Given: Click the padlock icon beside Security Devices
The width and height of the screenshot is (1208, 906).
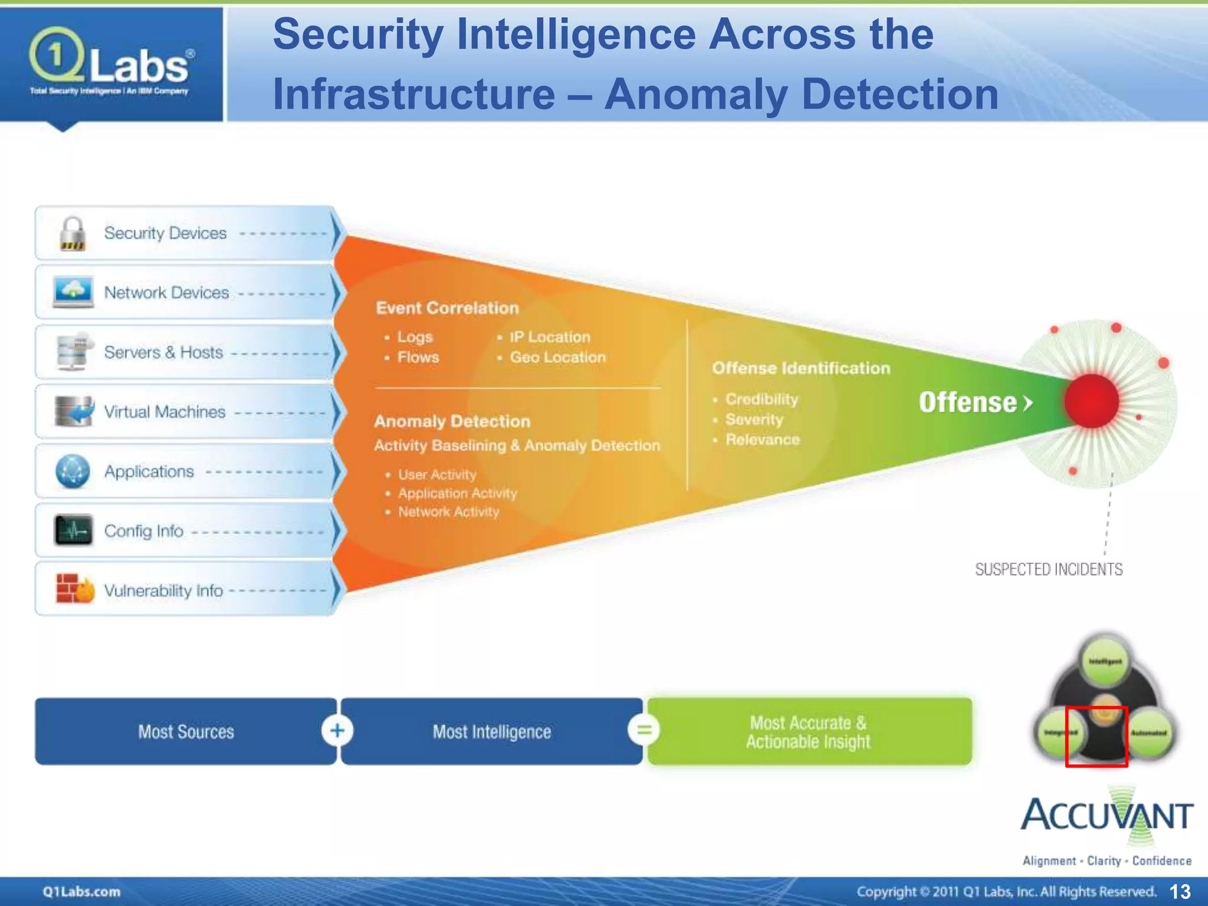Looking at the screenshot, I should pyautogui.click(x=73, y=234).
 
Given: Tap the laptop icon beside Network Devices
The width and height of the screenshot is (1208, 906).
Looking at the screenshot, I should pyautogui.click(x=73, y=292).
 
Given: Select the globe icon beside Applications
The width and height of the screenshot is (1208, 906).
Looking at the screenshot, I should pyautogui.click(x=73, y=471).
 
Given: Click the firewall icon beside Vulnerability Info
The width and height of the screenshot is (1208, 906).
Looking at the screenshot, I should pyautogui.click(x=74, y=589).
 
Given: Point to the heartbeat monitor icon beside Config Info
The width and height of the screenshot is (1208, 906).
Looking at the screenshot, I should pyautogui.click(x=74, y=530).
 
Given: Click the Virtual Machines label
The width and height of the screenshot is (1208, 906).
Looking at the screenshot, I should pyautogui.click(x=165, y=412).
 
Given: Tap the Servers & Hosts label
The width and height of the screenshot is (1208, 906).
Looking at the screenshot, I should pyautogui.click(x=163, y=352).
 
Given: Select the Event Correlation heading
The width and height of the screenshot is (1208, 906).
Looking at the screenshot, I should pyautogui.click(x=447, y=308).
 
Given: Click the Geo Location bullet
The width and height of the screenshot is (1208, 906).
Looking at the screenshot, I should pyautogui.click(x=557, y=357).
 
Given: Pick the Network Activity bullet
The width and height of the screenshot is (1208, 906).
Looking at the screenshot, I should pyautogui.click(x=448, y=512).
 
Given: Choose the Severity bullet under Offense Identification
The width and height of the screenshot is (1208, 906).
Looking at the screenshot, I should pyautogui.click(x=754, y=419).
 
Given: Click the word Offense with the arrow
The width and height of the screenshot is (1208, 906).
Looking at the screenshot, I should pyautogui.click(x=975, y=402).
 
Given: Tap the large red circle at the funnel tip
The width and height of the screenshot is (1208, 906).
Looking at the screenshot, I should pyautogui.click(x=1092, y=401).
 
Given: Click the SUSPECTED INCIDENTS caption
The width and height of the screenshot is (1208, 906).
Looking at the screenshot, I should pyautogui.click(x=1048, y=569).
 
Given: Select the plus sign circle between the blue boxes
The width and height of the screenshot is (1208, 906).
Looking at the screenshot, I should pyautogui.click(x=337, y=730).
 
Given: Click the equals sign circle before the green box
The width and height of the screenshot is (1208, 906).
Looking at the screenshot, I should pyautogui.click(x=644, y=730).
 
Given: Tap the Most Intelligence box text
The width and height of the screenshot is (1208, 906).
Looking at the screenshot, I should pyautogui.click(x=491, y=732).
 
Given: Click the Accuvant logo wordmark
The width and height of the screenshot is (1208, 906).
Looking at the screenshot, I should pyautogui.click(x=1107, y=816).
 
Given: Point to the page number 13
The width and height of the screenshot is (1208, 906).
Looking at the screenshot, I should pyautogui.click(x=1180, y=891).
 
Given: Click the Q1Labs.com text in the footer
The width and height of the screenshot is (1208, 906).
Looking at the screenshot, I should pyautogui.click(x=81, y=891).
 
